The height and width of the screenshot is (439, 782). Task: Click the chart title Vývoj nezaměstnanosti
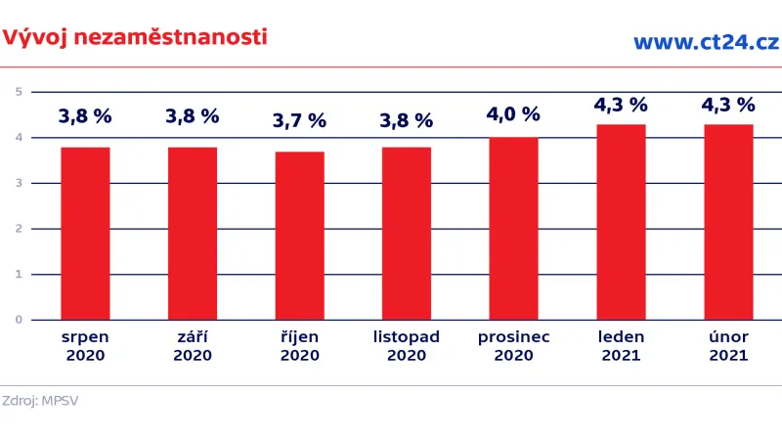135,38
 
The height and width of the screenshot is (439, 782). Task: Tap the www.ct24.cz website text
705,41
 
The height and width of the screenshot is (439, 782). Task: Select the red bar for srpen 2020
85,233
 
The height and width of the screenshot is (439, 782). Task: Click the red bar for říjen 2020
299,236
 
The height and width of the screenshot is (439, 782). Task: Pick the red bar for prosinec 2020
513,228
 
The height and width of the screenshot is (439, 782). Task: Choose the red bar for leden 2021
621,222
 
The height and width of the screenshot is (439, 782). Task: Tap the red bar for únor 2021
728,222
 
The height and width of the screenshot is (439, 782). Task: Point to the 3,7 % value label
299,121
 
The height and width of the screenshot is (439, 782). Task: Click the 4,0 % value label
513,113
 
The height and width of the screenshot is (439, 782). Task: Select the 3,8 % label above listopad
407,121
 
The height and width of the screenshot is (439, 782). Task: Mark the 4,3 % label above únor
728,104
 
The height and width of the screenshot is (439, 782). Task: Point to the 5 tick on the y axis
19,92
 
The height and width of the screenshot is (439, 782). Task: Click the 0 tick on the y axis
19,320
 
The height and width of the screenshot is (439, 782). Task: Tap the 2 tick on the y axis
19,229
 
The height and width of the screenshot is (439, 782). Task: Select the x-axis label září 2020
193,346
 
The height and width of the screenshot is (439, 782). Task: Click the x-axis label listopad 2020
407,346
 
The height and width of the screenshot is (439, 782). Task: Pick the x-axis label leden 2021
621,346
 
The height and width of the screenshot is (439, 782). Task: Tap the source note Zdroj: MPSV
40,401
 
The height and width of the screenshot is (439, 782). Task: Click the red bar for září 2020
193,233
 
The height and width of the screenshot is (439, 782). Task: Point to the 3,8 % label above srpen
85,116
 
